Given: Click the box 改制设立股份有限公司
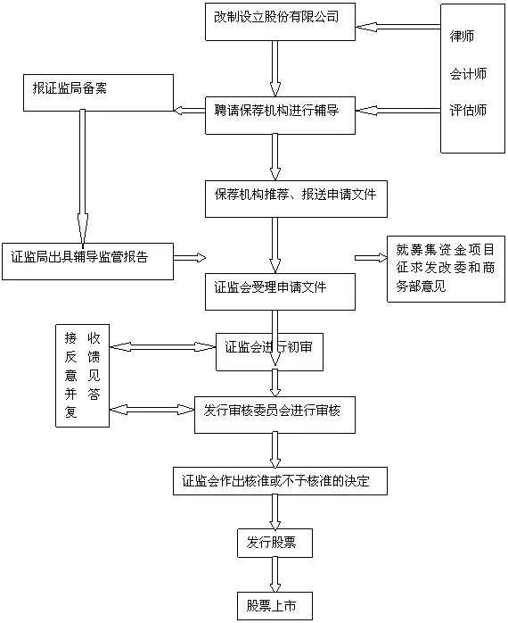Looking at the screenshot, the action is [x=280, y=21].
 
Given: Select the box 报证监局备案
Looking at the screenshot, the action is [x=98, y=93].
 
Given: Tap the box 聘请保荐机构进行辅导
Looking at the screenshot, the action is [x=280, y=115].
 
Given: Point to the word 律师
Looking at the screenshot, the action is [x=462, y=37].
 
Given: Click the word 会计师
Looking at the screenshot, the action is [x=468, y=73].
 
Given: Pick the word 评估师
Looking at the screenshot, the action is [x=468, y=110].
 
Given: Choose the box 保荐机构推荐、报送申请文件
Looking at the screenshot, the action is [x=296, y=199].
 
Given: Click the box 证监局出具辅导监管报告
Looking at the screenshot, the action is [x=87, y=262].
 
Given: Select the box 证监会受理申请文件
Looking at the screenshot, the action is [x=280, y=292].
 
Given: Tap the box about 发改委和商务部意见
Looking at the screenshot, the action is [x=447, y=269].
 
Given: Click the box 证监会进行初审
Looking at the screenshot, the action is [x=269, y=352].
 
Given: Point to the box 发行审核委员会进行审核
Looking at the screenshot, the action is [x=274, y=415].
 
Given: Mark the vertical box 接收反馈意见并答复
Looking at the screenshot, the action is [x=82, y=376].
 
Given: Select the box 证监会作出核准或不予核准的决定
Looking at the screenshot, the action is [x=280, y=481].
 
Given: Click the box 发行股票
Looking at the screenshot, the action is [x=274, y=543].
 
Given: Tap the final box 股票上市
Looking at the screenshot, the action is [x=274, y=606].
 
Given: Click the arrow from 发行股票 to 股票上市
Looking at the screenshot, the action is [x=274, y=575].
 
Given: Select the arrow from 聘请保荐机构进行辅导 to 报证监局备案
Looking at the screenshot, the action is [x=189, y=110].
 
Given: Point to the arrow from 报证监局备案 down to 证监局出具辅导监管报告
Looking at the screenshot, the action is [x=83, y=178].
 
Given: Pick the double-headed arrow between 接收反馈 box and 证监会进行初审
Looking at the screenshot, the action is [x=163, y=347].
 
